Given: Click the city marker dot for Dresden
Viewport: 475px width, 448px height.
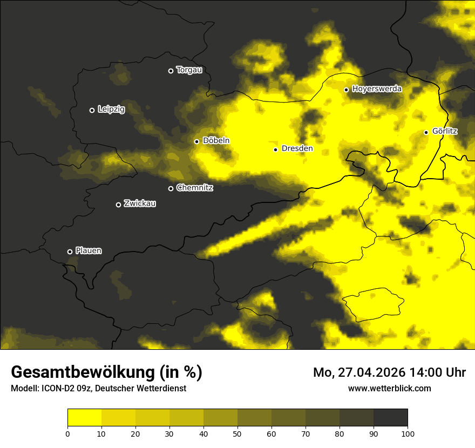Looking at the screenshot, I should pos(276,150).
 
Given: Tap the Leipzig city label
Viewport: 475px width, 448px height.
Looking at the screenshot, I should pos(111,110).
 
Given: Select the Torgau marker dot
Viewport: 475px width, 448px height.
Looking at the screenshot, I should pos(171,71).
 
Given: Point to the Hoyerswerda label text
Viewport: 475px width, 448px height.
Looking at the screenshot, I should pos(377,89).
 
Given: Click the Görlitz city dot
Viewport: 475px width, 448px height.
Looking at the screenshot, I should pos(426,132).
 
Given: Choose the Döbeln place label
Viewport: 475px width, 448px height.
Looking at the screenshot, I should pos(216,141).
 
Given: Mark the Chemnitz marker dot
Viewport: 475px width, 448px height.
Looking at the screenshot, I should pos(171,188).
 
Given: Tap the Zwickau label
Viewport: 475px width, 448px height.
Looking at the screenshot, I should pos(140,203).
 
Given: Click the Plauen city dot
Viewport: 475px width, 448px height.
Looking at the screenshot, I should pos(70,252).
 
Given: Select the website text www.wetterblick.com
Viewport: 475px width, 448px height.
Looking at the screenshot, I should pos(390,388).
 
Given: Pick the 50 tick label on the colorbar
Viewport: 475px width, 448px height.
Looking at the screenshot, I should pos(237,433).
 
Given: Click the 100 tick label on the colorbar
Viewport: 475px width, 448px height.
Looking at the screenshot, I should pos(408,433).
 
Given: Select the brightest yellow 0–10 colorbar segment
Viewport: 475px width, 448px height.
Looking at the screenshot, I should pos(84,418).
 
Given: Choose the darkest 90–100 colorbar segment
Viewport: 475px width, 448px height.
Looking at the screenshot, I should pos(390,418).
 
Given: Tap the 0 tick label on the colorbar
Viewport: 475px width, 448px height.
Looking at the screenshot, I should pos(67,433).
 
